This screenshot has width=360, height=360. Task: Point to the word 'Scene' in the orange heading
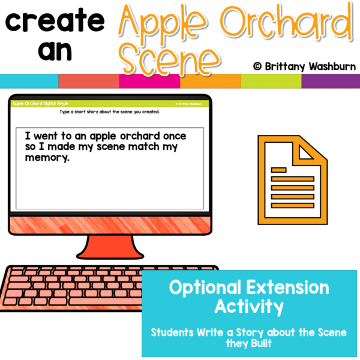(170, 58)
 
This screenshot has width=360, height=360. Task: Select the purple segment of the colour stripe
(331, 81)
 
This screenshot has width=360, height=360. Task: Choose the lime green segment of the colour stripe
(271, 81)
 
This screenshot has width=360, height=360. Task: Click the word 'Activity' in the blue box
(250, 307)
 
